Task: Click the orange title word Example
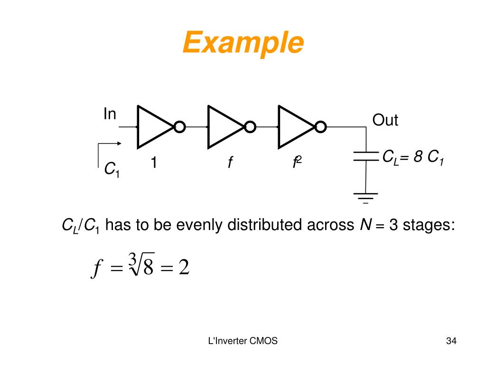[243, 44]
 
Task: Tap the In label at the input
[110, 114]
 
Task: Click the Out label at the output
[385, 120]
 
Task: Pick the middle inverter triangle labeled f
[223, 127]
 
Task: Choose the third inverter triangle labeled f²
[293, 127]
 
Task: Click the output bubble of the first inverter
[179, 127]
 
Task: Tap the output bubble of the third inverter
[321, 127]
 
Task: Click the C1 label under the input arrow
[112, 169]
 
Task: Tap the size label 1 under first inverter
[154, 163]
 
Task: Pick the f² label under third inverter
[297, 163]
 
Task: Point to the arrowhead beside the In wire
[118, 143]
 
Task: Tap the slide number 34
[451, 341]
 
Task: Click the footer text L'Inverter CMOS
[243, 341]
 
